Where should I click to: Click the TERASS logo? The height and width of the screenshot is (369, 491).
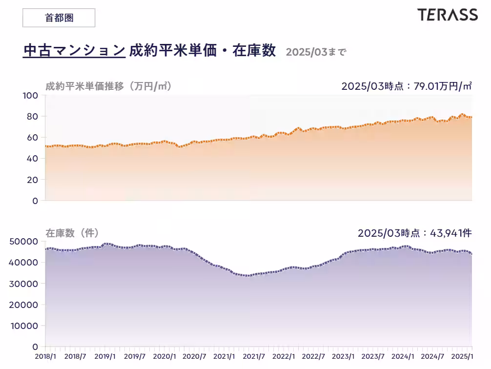tap(447, 15)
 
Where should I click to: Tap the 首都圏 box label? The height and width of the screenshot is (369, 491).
tap(59, 18)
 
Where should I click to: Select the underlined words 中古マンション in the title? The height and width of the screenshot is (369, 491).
tap(74, 50)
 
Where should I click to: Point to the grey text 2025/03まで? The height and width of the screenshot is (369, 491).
tap(316, 52)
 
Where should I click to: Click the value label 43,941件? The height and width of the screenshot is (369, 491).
tap(450, 233)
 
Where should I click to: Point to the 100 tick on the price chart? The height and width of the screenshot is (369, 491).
tap(30, 96)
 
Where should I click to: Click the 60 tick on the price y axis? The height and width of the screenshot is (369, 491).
tap(32, 138)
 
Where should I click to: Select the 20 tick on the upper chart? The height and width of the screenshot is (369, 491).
tap(32, 180)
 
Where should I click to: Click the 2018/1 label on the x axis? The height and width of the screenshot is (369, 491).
tap(45, 357)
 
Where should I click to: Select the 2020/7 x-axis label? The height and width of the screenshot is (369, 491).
tap(194, 357)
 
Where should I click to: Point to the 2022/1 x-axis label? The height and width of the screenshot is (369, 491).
tap(284, 357)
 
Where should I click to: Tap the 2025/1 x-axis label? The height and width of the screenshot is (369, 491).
tap(461, 357)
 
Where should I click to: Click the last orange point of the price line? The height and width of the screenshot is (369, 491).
tap(471, 117)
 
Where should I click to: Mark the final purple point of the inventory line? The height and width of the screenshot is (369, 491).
tap(471, 254)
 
